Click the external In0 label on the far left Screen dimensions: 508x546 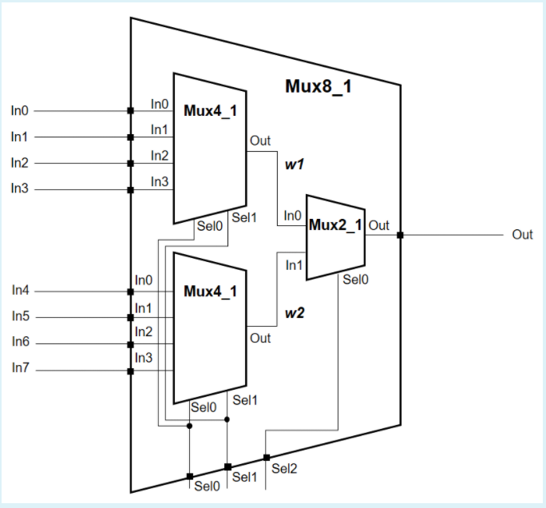(x=19, y=110)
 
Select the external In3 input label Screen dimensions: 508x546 (x=19, y=189)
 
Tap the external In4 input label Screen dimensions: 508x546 (x=20, y=291)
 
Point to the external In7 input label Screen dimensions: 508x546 (x=20, y=368)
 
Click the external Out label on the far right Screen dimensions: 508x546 (x=522, y=235)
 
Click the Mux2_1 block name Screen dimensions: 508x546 (x=335, y=225)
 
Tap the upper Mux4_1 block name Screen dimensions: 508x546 (x=210, y=110)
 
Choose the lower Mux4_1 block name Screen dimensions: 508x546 (x=210, y=291)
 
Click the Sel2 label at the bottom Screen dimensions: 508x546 (x=283, y=468)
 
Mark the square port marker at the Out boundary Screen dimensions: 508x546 (x=400, y=235)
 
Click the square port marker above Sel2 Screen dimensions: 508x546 (x=266, y=458)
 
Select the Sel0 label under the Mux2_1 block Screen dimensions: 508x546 (x=354, y=280)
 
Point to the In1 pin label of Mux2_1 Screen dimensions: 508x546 (x=294, y=264)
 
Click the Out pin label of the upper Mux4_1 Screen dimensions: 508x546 (x=260, y=141)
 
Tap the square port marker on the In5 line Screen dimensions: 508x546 (x=130, y=318)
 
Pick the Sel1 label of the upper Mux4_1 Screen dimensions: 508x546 (x=243, y=217)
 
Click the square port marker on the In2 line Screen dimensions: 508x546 (x=130, y=164)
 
